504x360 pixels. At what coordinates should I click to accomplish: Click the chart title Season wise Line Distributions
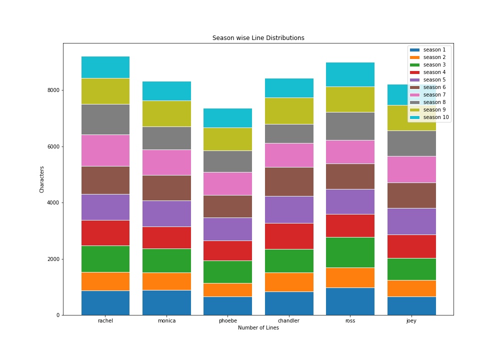click(x=258, y=38)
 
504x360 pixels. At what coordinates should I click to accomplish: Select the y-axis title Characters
click(x=42, y=179)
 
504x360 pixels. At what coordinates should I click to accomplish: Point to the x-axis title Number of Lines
click(x=258, y=327)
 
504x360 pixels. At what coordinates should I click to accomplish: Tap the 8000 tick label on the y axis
click(x=53, y=90)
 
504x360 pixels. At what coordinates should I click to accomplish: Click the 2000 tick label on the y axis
click(x=53, y=259)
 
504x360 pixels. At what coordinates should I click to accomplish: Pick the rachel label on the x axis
click(x=105, y=320)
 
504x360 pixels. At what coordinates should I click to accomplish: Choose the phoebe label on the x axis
click(x=228, y=321)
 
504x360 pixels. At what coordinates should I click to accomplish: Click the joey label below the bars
click(x=411, y=321)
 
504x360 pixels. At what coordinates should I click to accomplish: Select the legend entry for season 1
click(x=428, y=50)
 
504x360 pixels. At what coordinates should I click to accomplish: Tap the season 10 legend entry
click(x=429, y=117)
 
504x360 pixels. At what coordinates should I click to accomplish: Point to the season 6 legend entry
click(x=428, y=87)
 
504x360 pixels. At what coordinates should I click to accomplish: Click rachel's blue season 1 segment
click(x=105, y=303)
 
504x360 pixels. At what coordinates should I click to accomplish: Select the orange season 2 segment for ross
click(x=350, y=277)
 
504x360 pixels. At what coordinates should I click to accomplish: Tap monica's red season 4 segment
click(x=166, y=238)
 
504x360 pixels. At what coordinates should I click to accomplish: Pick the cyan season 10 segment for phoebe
click(x=227, y=118)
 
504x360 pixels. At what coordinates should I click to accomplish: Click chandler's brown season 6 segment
click(x=289, y=181)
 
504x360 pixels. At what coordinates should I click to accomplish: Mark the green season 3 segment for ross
click(x=350, y=252)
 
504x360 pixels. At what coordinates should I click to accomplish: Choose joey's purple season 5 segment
click(x=411, y=221)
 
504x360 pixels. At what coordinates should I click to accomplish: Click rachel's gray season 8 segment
click(x=105, y=119)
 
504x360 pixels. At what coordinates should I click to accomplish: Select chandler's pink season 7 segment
click(x=289, y=155)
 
